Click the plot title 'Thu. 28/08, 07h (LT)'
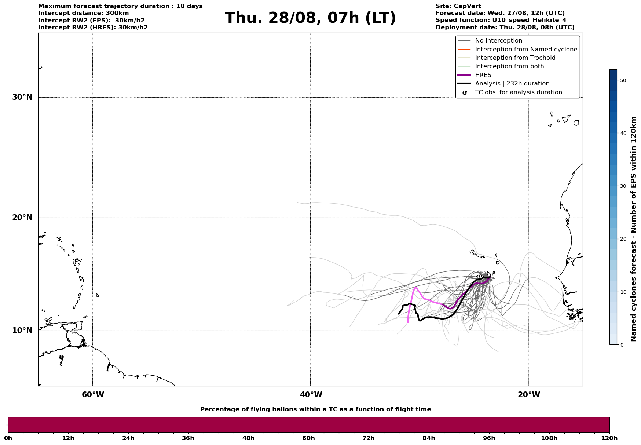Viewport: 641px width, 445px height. click(x=310, y=18)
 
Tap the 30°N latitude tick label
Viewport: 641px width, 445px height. click(x=22, y=97)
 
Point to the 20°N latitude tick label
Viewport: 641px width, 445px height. click(x=22, y=218)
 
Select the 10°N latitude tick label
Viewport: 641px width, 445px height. click(x=22, y=331)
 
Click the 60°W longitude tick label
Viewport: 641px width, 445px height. click(x=93, y=395)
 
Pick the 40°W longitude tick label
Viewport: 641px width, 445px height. click(x=311, y=395)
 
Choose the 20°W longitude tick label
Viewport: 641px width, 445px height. click(x=529, y=395)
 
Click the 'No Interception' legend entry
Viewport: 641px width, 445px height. click(x=498, y=41)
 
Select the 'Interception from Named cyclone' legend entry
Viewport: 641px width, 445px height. click(x=526, y=50)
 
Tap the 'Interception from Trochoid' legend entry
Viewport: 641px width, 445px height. click(x=515, y=58)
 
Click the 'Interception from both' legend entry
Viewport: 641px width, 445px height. click(x=509, y=66)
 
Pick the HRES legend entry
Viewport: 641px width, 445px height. click(x=483, y=75)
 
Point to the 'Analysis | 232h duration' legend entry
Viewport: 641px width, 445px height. click(x=512, y=84)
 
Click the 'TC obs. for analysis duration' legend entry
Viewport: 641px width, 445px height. click(x=518, y=92)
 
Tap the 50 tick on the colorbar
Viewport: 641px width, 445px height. click(x=623, y=80)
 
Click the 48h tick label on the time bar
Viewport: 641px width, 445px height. click(x=248, y=438)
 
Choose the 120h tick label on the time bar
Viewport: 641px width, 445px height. click(x=609, y=438)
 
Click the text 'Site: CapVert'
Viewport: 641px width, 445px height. click(x=458, y=6)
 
